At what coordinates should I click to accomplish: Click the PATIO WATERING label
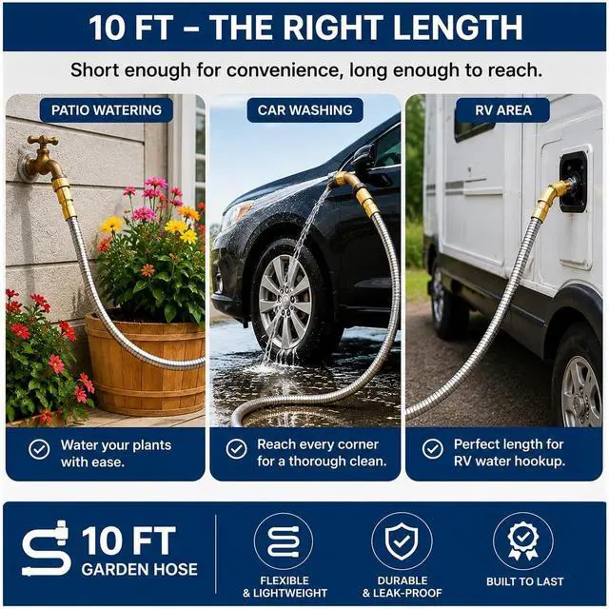tap(107, 110)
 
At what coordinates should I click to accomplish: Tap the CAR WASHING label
tap(304, 110)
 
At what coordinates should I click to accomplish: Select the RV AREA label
tap(503, 110)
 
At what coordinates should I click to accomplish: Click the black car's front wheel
tap(286, 301)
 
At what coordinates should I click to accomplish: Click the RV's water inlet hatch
tap(573, 182)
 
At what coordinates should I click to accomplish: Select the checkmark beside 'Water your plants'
tap(39, 449)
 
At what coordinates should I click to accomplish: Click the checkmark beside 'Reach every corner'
tap(237, 449)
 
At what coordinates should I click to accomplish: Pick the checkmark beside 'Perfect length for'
tap(433, 449)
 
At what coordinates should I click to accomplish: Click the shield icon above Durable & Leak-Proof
tap(402, 541)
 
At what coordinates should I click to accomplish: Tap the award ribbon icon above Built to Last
tap(523, 541)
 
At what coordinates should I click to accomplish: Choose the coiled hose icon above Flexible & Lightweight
tap(284, 541)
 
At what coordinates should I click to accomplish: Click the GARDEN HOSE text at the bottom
tap(140, 569)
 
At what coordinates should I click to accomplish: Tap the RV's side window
tap(471, 125)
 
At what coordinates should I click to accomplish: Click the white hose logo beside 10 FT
tap(46, 548)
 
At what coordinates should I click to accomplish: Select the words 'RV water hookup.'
tap(509, 462)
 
